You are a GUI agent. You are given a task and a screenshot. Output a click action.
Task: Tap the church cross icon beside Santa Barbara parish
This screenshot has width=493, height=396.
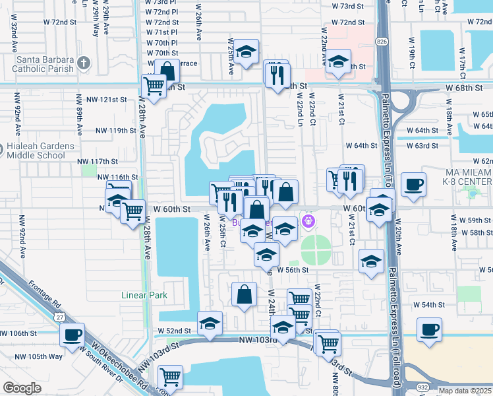(84, 63)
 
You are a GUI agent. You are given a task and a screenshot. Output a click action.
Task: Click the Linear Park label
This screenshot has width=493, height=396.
(144, 296)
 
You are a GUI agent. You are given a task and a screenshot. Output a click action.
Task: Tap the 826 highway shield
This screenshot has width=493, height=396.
(382, 42)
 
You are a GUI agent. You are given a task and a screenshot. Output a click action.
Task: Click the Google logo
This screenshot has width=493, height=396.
(22, 388)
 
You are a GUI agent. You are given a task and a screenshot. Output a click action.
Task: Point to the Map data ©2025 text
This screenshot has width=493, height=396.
(465, 391)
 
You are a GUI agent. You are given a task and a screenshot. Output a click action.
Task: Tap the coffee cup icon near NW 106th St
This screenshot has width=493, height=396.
(72, 333)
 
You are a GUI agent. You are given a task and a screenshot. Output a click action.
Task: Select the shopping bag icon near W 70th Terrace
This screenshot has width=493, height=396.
(168, 71)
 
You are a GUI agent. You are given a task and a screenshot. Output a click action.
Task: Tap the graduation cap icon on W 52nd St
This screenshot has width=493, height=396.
(210, 323)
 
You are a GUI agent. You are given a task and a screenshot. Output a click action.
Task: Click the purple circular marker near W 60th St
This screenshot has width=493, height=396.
(306, 220)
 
